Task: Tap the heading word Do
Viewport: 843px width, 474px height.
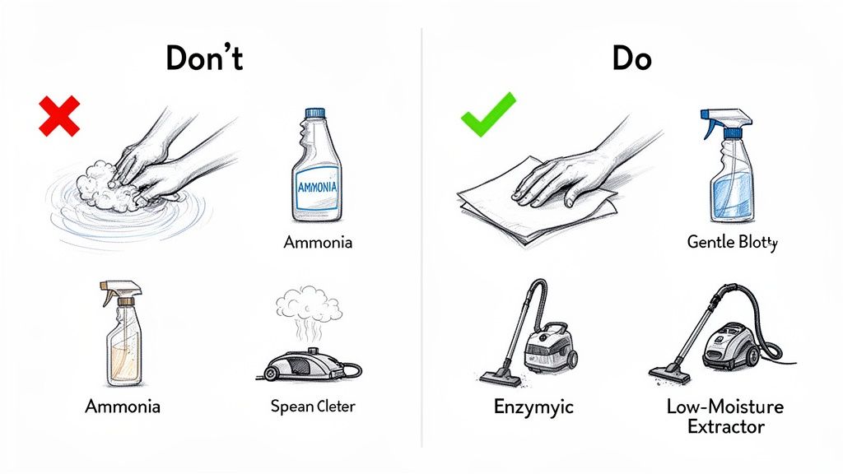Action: click(631, 58)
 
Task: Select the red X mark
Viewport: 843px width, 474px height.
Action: click(59, 115)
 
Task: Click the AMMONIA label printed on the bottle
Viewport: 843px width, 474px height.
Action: click(317, 187)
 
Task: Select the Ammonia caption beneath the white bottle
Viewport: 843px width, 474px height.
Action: click(318, 243)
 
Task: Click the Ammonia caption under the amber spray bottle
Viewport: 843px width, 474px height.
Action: click(123, 407)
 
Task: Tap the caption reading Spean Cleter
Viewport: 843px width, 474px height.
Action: click(313, 407)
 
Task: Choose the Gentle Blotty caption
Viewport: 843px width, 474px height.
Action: click(732, 243)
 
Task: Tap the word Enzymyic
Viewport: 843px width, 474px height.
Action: click(533, 407)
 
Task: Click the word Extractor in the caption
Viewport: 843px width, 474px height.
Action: click(724, 426)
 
